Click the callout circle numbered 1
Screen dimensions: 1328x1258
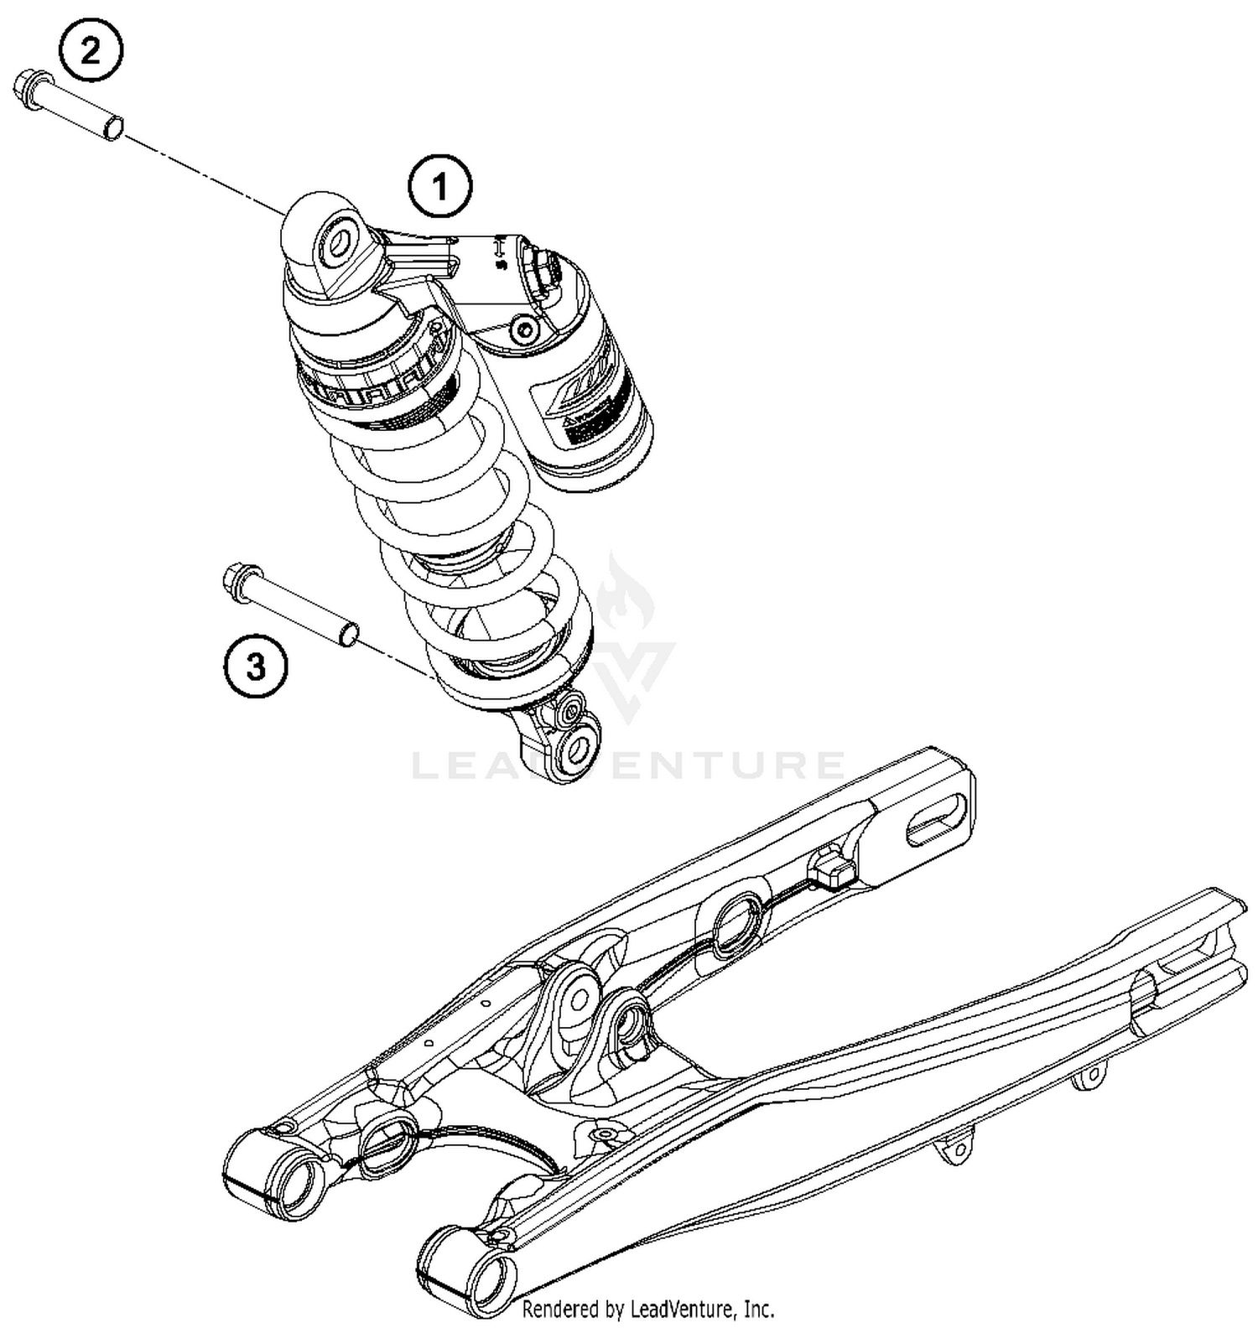tap(440, 187)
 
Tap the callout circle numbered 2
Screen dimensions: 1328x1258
tap(91, 51)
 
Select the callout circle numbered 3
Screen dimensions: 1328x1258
tap(256, 668)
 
